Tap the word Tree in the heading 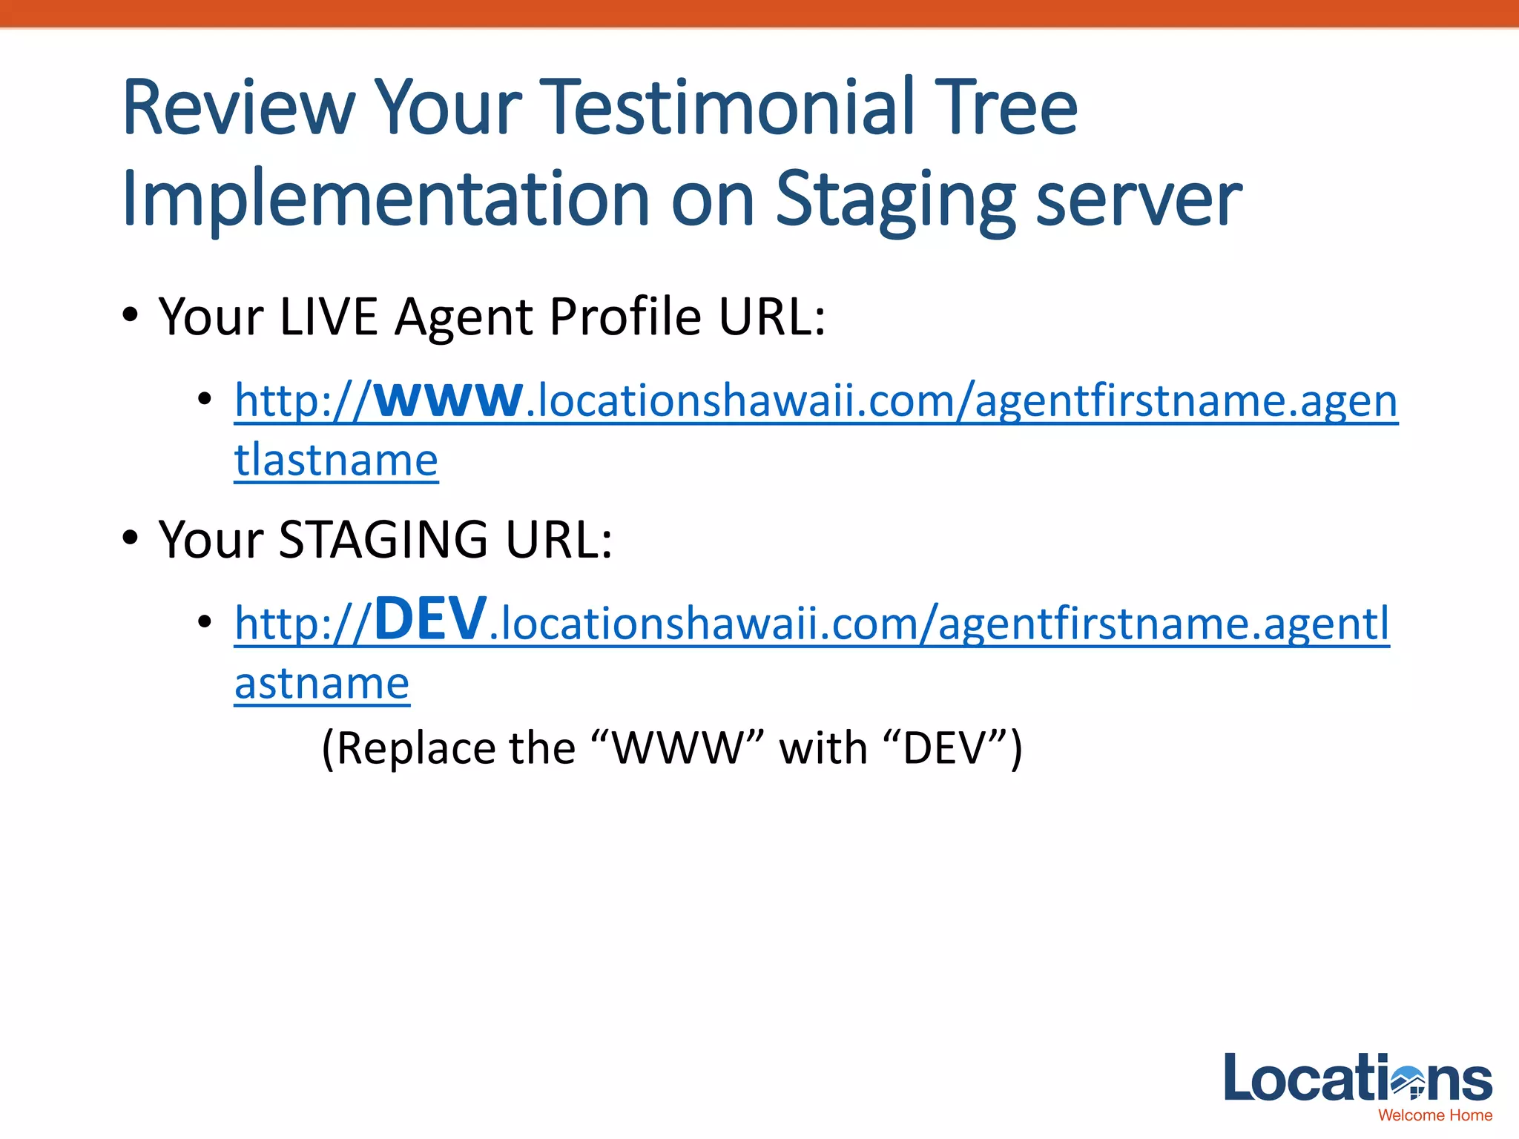pos(1005,109)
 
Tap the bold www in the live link pos(448,400)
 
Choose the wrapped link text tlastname pos(336,460)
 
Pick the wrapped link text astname pos(322,683)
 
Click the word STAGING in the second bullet pos(383,539)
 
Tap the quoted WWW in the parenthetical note pos(678,748)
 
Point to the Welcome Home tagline pos(1434,1115)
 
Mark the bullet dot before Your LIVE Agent pos(131,314)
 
